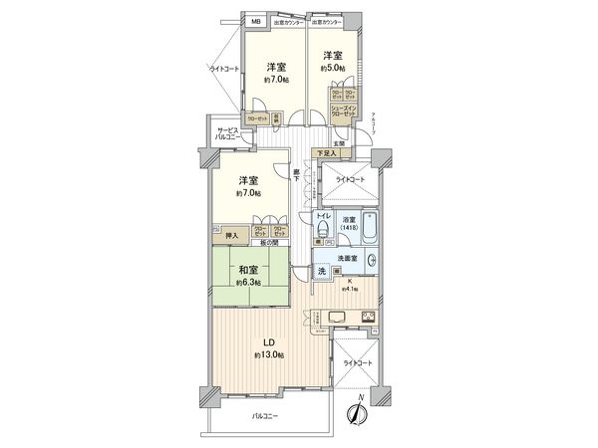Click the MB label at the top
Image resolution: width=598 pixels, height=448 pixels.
(256, 21)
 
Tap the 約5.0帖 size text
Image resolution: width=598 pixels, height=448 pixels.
(333, 69)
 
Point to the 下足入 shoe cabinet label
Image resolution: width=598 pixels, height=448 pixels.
(325, 153)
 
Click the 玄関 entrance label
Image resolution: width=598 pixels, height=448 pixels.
(339, 143)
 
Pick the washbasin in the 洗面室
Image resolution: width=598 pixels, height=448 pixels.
(371, 262)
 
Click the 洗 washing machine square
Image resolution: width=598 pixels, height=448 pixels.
(322, 270)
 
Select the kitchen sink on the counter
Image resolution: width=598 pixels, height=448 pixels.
(335, 319)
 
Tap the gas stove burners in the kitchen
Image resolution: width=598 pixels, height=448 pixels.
(370, 319)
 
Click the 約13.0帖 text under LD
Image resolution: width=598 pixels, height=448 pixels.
(269, 355)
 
